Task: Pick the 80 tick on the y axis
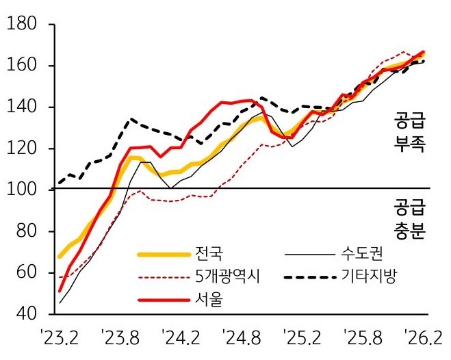25,231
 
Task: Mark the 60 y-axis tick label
25,273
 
